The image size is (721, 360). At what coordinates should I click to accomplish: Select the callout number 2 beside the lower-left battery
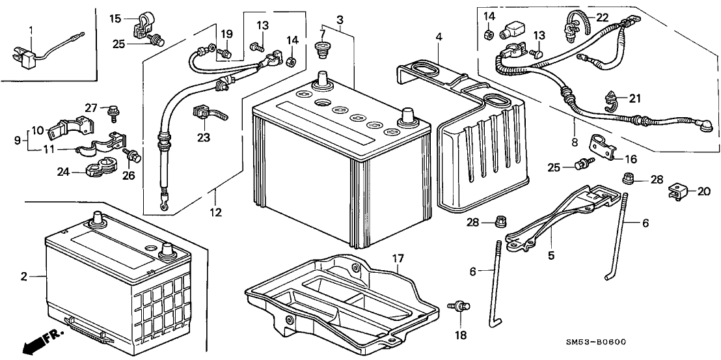click(x=23, y=277)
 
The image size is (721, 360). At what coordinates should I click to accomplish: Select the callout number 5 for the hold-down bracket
click(x=551, y=256)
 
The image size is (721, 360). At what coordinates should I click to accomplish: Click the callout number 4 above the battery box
click(x=439, y=38)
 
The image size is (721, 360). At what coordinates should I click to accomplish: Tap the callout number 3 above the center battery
click(x=340, y=21)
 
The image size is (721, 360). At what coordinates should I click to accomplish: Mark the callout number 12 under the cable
click(x=215, y=212)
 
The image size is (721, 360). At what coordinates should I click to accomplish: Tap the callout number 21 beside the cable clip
click(x=634, y=98)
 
